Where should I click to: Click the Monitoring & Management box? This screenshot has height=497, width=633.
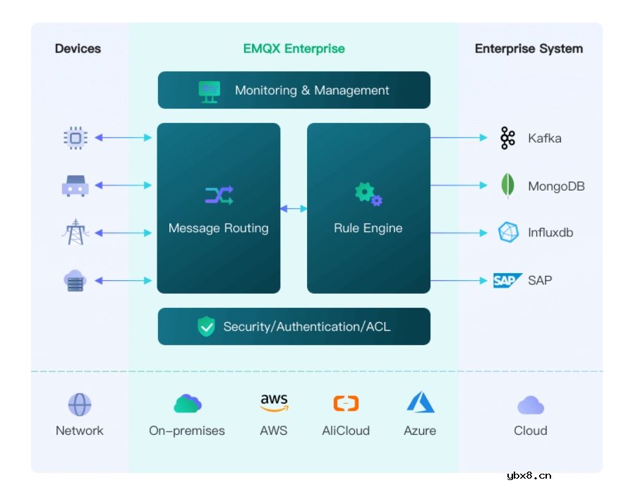click(x=294, y=90)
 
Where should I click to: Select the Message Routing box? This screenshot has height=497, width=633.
click(x=218, y=208)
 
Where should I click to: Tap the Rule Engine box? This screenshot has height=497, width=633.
click(x=368, y=208)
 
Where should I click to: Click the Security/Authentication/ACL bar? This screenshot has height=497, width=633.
click(x=294, y=326)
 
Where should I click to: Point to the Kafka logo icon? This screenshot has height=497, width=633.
click(x=507, y=138)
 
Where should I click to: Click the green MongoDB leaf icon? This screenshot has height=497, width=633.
click(x=507, y=186)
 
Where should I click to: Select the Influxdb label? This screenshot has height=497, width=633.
click(x=550, y=232)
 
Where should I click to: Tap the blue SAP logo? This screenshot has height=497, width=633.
click(x=507, y=280)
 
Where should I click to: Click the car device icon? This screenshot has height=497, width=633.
click(x=75, y=186)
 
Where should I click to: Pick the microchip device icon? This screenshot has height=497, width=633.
click(x=75, y=138)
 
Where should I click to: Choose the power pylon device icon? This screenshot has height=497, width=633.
click(x=75, y=232)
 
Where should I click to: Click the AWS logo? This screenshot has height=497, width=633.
click(x=274, y=403)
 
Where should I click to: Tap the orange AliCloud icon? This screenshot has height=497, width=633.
click(x=346, y=404)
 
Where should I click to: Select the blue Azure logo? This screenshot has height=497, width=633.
click(x=420, y=402)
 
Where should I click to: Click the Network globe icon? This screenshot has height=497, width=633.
click(x=80, y=405)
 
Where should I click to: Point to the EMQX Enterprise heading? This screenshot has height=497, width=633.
click(x=294, y=49)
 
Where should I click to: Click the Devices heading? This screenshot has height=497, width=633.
click(x=78, y=49)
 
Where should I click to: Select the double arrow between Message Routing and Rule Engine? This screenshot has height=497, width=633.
click(x=294, y=209)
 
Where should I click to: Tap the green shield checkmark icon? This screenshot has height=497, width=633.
click(x=206, y=326)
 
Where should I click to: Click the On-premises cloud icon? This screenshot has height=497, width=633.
click(x=187, y=404)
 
